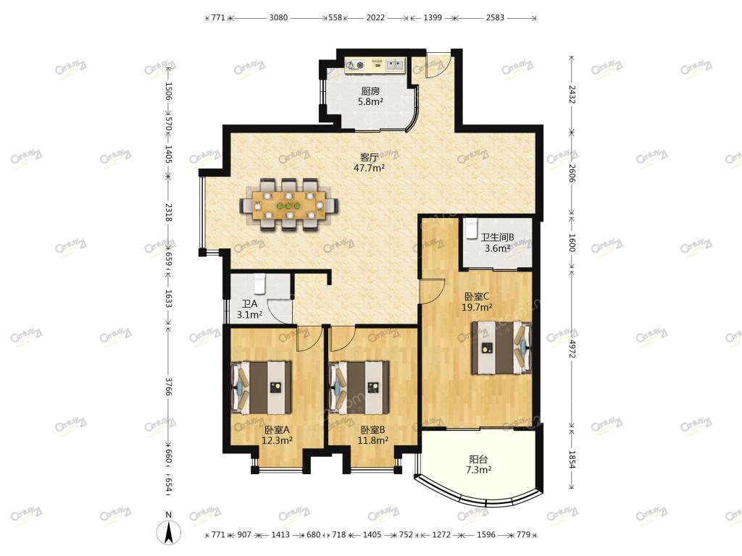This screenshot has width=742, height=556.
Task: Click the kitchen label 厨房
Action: click(370, 91)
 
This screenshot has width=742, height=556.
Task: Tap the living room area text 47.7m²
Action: click(369, 167)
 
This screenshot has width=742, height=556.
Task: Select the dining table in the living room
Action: click(288, 205)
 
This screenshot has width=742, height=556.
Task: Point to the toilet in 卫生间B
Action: click(471, 229)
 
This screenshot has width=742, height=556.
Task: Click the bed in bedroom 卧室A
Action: click(261, 388)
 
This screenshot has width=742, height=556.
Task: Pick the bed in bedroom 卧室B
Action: click(359, 388)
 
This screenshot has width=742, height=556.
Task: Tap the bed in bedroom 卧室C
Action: click(501, 348)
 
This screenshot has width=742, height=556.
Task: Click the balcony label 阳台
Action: click(478, 460)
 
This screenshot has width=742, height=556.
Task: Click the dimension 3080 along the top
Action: click(278, 17)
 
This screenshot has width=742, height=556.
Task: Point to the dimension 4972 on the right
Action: click(572, 347)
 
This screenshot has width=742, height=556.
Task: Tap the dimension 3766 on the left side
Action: click(168, 385)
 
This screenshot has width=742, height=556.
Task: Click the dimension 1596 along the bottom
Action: click(486, 534)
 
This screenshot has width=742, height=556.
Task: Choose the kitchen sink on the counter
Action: click(394, 64)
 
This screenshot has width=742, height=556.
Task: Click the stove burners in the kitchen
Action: click(355, 64)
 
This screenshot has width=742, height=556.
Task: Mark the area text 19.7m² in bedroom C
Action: click(477, 307)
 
